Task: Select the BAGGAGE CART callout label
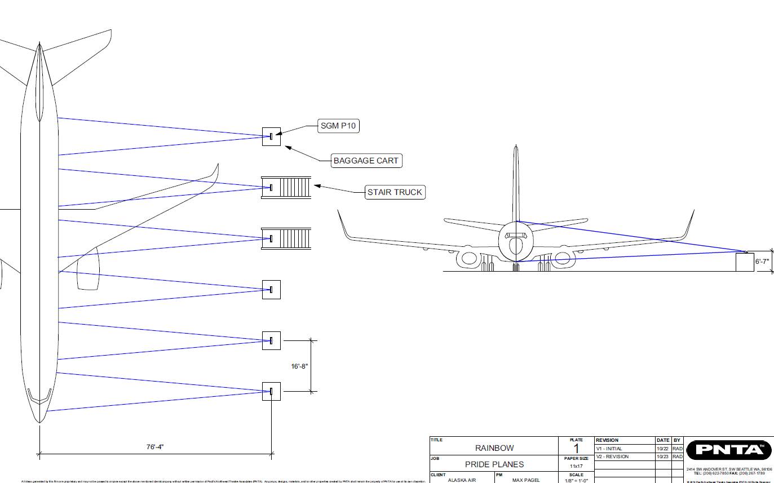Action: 366,161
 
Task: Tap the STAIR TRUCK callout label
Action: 395,192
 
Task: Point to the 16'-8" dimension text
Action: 299,366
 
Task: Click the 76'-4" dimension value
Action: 155,447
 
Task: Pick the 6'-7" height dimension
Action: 762,262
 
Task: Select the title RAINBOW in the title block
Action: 494,448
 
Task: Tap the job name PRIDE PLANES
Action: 494,464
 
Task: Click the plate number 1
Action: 576,449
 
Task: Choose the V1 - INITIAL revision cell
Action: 609,449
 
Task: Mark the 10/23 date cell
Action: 662,457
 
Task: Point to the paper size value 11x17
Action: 576,466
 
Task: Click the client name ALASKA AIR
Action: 461,480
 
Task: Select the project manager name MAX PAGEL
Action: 526,480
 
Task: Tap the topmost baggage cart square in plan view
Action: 271,136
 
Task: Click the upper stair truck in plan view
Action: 286,187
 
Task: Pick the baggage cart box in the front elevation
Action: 745,262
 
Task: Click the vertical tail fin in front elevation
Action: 516,180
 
